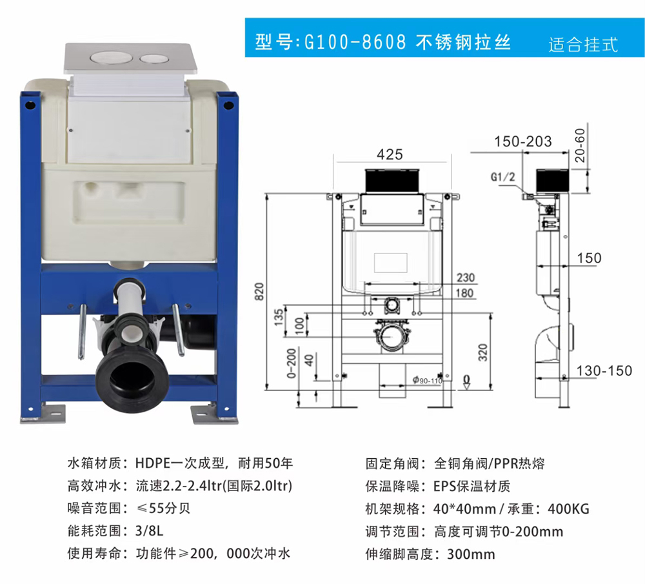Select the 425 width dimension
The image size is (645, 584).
click(390, 154)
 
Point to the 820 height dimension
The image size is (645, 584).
click(259, 292)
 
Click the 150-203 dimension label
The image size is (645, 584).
click(523, 141)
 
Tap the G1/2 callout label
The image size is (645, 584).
click(502, 177)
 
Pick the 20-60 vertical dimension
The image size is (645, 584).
click(580, 145)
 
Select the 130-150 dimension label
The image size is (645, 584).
click(604, 371)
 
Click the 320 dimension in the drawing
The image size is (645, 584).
click(483, 352)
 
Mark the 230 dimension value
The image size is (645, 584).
click(466, 277)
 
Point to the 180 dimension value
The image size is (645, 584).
click(465, 293)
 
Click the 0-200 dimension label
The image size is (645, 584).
click(292, 363)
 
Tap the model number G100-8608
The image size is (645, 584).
click(355, 42)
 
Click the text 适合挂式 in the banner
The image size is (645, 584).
click(583, 45)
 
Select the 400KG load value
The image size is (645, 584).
click(568, 509)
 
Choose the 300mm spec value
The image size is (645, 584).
click(471, 554)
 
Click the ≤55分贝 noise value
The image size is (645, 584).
click(163, 508)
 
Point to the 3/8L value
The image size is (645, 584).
click(150, 531)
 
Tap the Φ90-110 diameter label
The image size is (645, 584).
click(428, 380)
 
